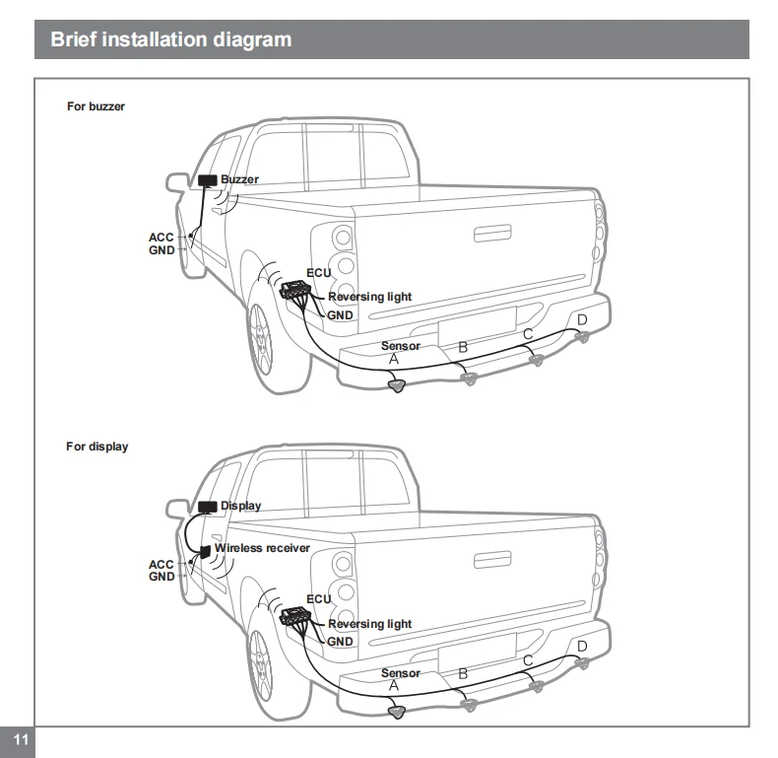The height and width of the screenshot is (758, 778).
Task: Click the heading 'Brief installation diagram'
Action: [170, 40]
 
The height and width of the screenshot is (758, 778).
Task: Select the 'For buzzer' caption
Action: [96, 106]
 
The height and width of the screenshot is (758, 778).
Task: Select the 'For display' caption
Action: [97, 447]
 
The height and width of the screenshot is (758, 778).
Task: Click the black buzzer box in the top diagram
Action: [208, 180]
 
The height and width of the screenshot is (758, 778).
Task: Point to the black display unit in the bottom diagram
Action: [207, 506]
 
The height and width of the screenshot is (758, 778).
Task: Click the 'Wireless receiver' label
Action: [262, 548]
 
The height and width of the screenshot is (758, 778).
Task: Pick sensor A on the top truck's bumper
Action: [397, 385]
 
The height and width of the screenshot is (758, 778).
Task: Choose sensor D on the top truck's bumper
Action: [583, 337]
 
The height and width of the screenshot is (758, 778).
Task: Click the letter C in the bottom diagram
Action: [528, 661]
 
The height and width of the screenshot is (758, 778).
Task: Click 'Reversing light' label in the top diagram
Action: [369, 297]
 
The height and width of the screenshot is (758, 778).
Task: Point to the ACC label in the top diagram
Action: [161, 238]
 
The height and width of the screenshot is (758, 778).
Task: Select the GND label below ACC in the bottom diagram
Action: [162, 577]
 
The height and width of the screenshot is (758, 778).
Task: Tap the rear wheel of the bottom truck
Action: [263, 661]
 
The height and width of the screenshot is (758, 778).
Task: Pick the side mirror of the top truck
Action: [177, 182]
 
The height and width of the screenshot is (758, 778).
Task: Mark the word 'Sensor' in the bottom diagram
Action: [400, 673]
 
